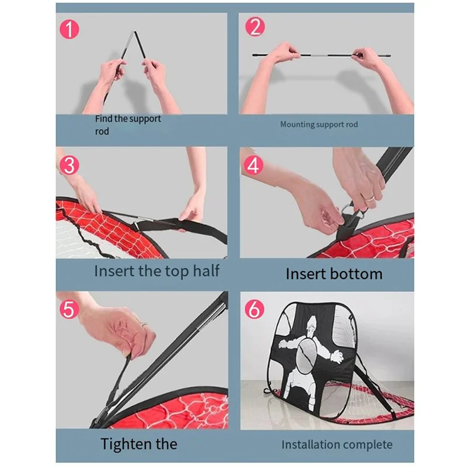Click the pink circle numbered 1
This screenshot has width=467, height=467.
point(69,29)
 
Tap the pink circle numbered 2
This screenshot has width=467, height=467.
point(255,27)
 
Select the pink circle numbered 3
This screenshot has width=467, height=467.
point(69,165)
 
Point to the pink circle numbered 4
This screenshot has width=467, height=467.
point(253,165)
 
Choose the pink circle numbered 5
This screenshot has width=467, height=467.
point(69,309)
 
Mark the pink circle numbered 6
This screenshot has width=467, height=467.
point(255,309)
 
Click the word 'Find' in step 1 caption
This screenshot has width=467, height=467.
point(104,119)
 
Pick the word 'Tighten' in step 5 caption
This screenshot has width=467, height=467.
point(122,444)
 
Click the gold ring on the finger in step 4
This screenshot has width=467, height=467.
point(370,197)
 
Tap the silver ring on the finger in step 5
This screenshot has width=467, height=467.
point(144,325)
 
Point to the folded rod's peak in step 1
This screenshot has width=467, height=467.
point(134,32)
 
